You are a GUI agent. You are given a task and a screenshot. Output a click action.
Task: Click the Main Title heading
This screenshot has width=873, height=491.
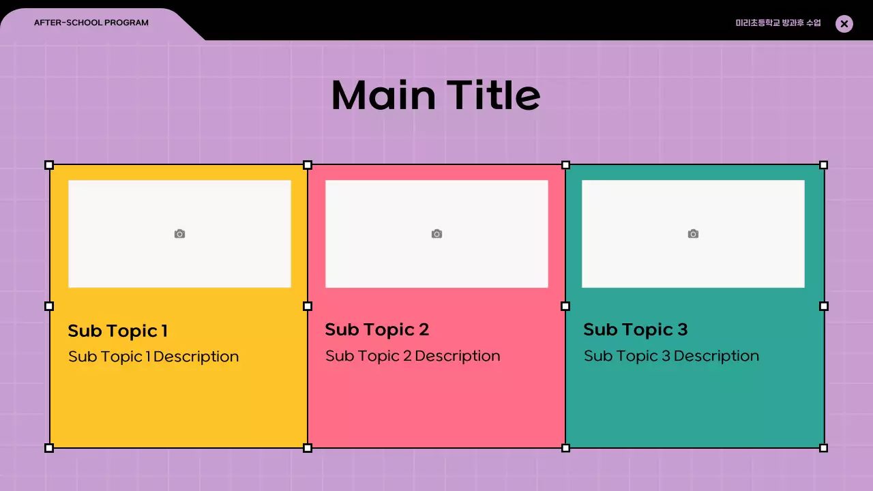(436, 95)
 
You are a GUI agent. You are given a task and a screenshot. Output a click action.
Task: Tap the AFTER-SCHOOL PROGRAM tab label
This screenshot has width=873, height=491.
(91, 23)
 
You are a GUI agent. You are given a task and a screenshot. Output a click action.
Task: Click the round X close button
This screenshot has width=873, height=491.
(844, 24)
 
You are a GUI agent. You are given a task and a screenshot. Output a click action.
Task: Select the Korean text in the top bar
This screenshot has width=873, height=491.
(778, 23)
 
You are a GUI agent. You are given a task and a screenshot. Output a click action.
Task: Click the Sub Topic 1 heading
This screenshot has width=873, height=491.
(118, 331)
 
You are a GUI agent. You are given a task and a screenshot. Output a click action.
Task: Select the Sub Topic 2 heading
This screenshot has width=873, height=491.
(377, 330)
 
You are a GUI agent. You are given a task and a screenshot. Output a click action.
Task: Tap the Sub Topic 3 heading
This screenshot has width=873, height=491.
(636, 330)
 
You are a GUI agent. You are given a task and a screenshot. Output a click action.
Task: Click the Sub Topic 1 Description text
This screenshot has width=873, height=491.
(153, 357)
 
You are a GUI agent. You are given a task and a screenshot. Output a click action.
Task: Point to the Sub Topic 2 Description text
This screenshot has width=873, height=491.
(413, 356)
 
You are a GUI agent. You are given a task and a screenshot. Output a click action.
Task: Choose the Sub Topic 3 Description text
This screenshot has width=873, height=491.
(671, 356)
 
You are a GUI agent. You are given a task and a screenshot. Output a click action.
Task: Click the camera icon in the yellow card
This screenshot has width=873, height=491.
(179, 234)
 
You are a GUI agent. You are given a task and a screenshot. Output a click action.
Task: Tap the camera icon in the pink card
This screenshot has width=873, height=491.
(436, 234)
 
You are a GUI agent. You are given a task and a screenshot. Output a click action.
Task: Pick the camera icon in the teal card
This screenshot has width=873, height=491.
(693, 234)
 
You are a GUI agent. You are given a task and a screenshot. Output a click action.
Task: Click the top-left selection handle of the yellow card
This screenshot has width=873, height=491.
(49, 165)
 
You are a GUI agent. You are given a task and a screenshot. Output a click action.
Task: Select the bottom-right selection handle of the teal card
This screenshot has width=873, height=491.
(823, 448)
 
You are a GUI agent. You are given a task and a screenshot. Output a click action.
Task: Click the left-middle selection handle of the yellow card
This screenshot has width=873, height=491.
(49, 306)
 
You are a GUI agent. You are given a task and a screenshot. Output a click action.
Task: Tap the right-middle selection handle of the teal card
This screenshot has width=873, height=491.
(823, 306)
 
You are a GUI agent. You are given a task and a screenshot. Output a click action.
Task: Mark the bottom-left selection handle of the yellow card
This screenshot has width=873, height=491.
(49, 448)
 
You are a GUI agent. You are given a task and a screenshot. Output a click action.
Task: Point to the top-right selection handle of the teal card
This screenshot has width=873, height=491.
(823, 165)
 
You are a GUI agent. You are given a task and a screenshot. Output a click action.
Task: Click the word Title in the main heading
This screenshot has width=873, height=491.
(493, 95)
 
